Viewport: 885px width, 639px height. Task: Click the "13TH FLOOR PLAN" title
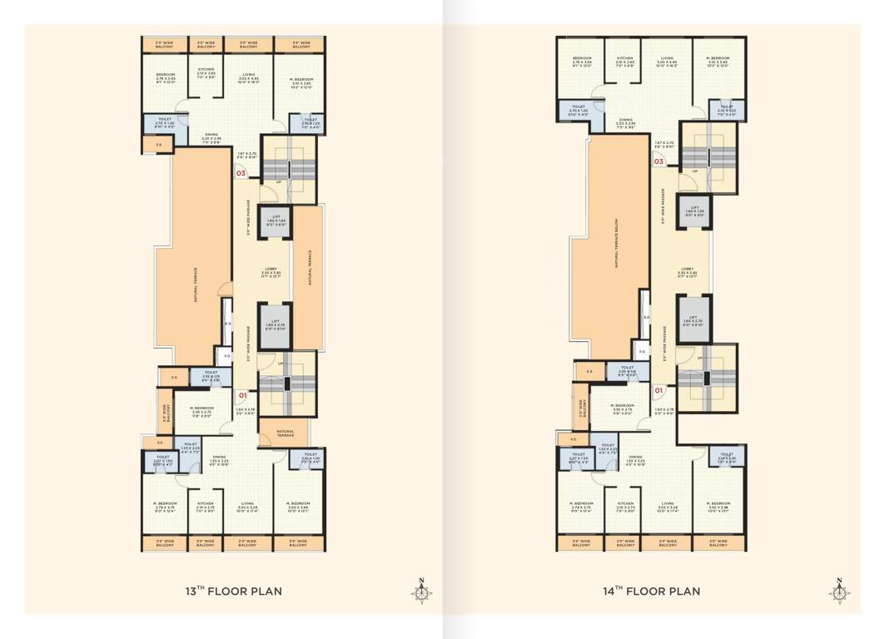pos(233,592)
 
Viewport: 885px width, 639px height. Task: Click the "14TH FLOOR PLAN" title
pos(651,592)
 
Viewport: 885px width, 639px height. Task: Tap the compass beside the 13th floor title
pos(421,591)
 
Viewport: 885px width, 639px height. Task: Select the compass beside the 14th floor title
pos(839,591)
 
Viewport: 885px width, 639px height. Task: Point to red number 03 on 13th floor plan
pos(241,174)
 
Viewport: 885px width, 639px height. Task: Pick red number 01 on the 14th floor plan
pos(658,389)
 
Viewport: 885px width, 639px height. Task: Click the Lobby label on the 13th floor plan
pos(274,270)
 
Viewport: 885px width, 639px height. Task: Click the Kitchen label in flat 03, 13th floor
pos(206,72)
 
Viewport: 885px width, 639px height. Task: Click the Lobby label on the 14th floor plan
pos(688,270)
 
